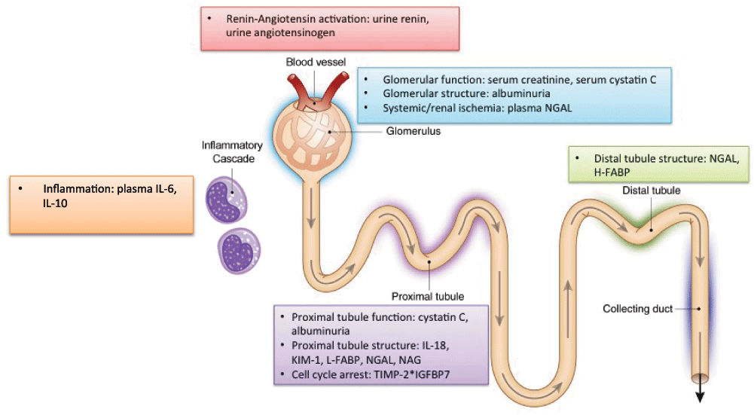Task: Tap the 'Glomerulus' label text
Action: point(413,130)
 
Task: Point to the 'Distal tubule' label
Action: point(652,191)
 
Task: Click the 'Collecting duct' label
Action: point(637,309)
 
